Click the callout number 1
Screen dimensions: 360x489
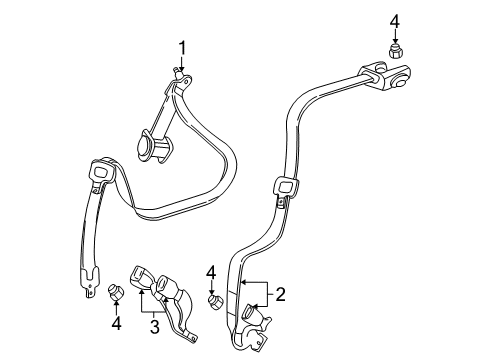pos(182,46)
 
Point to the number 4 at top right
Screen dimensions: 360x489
pos(395,21)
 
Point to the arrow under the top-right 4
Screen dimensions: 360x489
pos(394,37)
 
